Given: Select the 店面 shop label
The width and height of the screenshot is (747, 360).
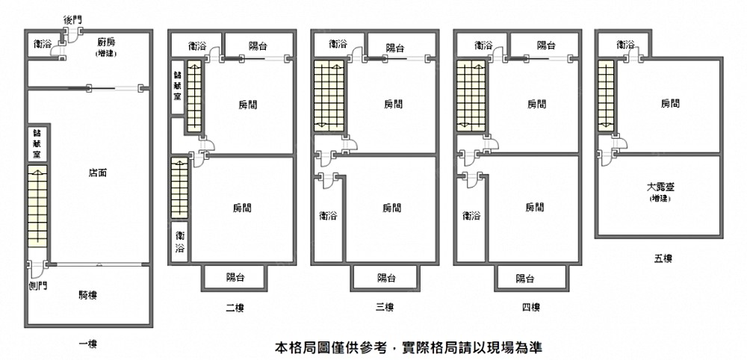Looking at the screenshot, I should click(97, 173).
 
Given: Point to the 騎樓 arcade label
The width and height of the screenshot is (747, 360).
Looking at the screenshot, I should click(88, 295).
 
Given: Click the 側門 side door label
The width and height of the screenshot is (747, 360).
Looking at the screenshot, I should click(34, 286).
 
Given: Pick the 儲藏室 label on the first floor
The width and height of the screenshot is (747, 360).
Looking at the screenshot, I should click(37, 143).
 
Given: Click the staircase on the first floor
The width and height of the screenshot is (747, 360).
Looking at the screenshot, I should click(37, 207).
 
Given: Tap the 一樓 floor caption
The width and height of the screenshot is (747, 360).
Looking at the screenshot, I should click(88, 344).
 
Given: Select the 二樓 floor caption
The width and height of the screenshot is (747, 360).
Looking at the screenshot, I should click(235, 307).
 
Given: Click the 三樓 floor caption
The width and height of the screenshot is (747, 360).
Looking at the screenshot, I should click(384, 307).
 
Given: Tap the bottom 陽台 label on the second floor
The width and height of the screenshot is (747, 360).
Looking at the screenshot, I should click(235, 278).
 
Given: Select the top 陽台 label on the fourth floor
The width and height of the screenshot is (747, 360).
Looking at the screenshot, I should click(546, 46).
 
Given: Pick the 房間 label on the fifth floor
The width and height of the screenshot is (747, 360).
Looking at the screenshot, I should click(670, 104).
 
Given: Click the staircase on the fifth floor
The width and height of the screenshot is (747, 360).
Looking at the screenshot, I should click(606, 97).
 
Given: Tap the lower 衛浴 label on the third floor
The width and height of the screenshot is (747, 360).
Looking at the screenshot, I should click(327, 217).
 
